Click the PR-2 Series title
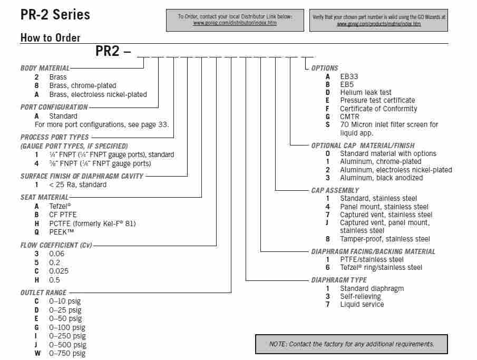(x=55, y=14)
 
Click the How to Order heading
(x=50, y=38)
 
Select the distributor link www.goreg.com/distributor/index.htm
(x=235, y=23)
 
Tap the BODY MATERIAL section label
(x=45, y=68)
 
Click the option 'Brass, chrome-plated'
(x=83, y=85)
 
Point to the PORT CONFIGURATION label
(x=54, y=107)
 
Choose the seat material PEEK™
(x=62, y=232)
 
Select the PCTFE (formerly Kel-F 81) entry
(x=92, y=223)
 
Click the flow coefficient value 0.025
(x=59, y=271)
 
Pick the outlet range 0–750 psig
(x=67, y=353)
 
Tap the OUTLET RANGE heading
(x=44, y=293)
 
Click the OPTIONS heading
(x=325, y=68)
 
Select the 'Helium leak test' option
(x=366, y=92)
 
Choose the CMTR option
(x=350, y=116)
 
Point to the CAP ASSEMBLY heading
(x=335, y=190)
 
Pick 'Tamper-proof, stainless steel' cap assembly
(x=385, y=239)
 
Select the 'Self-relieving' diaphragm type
(x=361, y=296)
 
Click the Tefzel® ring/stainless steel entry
(x=381, y=268)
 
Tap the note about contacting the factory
(x=352, y=344)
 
